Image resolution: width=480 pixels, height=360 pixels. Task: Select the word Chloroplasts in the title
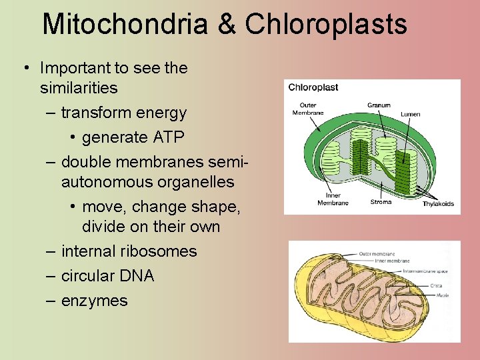[326, 25]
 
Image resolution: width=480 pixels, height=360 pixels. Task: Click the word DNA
[135, 276]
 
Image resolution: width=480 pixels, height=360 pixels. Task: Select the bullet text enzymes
[94, 301]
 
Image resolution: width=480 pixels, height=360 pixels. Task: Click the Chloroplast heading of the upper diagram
[313, 87]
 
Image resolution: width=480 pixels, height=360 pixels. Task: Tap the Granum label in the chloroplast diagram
[379, 105]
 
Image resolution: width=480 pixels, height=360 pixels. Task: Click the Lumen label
[410, 114]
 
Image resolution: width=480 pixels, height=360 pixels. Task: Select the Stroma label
[381, 202]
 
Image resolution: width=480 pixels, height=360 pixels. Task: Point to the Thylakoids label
[438, 204]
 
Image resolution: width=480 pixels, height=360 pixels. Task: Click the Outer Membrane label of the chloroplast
[308, 109]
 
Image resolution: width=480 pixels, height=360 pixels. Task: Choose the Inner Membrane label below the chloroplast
[333, 199]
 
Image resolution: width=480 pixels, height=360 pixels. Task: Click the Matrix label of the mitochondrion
[441, 294]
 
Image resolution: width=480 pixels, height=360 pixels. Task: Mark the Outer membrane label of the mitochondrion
[377, 254]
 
